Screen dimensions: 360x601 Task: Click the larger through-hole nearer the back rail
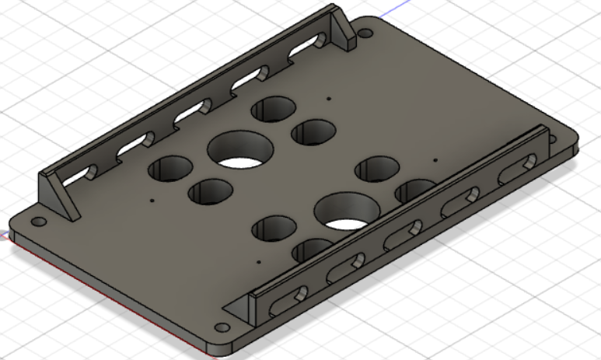239,150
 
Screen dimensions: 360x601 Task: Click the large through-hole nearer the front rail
347,212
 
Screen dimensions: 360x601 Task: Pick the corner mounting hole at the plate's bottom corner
222,327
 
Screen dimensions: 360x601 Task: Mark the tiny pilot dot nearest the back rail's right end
330,99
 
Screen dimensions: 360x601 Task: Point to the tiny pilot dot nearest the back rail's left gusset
152,200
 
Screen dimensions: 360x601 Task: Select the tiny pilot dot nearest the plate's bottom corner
257,262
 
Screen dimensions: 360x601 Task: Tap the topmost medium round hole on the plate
271,110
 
